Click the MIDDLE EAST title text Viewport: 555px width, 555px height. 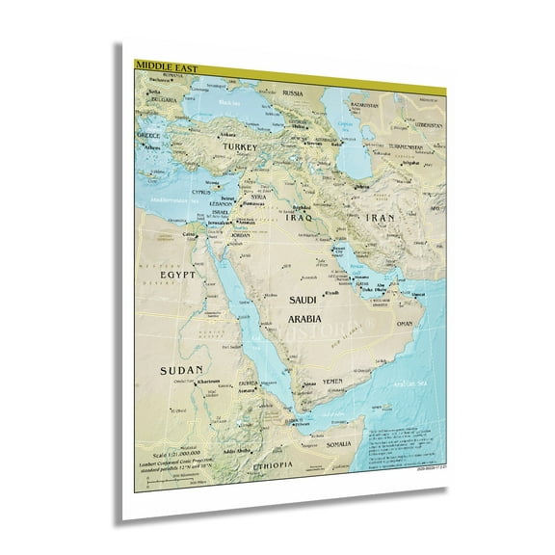[158, 66]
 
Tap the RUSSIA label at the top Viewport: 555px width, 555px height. [293, 92]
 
